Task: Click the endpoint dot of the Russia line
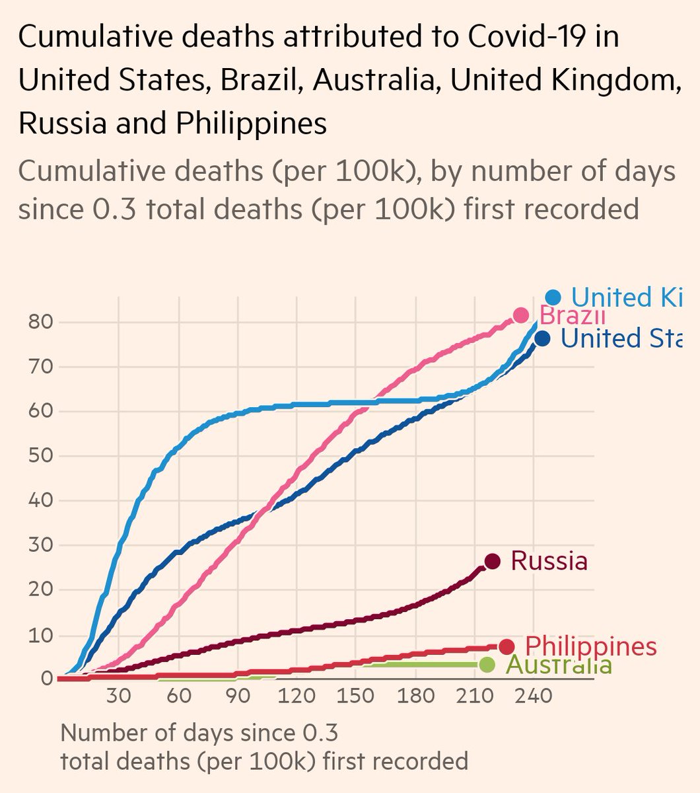click(x=492, y=561)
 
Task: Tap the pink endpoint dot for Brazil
click(x=520, y=315)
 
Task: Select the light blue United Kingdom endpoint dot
click(x=553, y=298)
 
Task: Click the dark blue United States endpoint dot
click(x=542, y=339)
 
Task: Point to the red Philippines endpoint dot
click(x=507, y=646)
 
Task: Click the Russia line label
click(x=549, y=561)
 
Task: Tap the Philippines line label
click(x=591, y=646)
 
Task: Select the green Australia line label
click(x=559, y=665)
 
